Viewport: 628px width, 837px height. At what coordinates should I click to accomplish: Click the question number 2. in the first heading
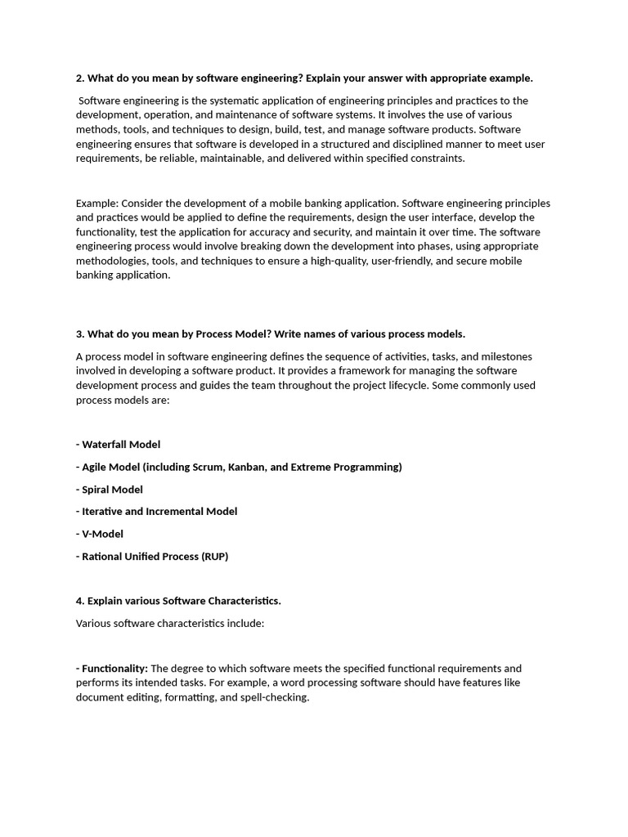[80, 78]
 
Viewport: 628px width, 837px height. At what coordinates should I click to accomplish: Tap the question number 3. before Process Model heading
[80, 333]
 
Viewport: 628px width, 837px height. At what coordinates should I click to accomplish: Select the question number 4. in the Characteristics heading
[80, 601]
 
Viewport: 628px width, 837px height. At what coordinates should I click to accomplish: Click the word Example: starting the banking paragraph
[96, 203]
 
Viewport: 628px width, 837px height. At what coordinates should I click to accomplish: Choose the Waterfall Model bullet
[119, 445]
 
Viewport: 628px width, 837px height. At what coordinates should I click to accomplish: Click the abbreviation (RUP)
[213, 557]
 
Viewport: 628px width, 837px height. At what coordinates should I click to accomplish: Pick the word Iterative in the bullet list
[103, 512]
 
